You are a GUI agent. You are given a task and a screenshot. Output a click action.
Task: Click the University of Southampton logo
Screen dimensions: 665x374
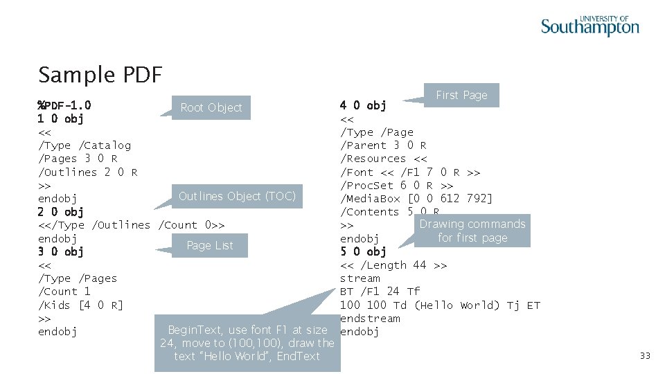pyautogui.click(x=589, y=26)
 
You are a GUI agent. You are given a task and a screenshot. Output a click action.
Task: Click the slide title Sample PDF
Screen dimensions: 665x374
pyautogui.click(x=100, y=74)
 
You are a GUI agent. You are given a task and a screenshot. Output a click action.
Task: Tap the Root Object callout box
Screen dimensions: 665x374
pyautogui.click(x=211, y=107)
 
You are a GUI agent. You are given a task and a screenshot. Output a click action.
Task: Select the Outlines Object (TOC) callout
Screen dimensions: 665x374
pyautogui.click(x=237, y=196)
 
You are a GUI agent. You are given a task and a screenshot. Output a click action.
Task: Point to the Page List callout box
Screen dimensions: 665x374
pyautogui.click(x=210, y=245)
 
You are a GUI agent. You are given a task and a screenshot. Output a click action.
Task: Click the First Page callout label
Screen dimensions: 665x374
pyautogui.click(x=461, y=95)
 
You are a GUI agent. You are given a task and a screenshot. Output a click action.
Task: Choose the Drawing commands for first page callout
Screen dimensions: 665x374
pyautogui.click(x=472, y=231)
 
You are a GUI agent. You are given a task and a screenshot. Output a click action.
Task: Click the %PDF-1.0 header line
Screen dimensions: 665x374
pyautogui.click(x=64, y=106)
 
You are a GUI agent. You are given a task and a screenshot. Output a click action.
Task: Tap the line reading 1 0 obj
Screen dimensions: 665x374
pyautogui.click(x=61, y=119)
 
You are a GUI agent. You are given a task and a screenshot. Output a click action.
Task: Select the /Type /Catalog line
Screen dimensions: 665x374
pyautogui.click(x=85, y=145)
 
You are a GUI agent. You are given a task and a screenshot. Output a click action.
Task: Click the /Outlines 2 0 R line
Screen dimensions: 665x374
pyautogui.click(x=87, y=172)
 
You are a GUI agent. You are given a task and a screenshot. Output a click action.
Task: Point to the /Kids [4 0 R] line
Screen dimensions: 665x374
pyautogui.click(x=80, y=305)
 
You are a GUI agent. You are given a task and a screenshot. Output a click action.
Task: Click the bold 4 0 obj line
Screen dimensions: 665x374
pyautogui.click(x=363, y=105)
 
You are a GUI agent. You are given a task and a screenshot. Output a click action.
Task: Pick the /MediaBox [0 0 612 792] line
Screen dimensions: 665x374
pyautogui.click(x=416, y=199)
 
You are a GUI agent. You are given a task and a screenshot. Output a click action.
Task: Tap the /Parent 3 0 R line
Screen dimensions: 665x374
pyautogui.click(x=383, y=145)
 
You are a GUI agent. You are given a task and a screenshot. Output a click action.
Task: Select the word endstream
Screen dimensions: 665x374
pyautogui.click(x=370, y=319)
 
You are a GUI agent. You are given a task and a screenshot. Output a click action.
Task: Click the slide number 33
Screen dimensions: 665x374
pyautogui.click(x=645, y=356)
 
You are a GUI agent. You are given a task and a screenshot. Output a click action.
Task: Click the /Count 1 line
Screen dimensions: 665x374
pyautogui.click(x=64, y=292)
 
